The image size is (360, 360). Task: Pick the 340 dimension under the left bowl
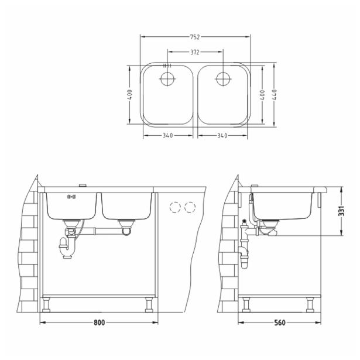(168, 135)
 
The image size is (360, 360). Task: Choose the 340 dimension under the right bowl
(222, 135)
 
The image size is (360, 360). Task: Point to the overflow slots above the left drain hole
(167, 66)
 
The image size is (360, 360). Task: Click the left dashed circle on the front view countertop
(174, 207)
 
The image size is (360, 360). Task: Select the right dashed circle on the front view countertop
(189, 207)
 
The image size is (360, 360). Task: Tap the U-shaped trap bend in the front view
(64, 252)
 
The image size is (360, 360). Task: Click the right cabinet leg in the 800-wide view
(149, 305)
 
